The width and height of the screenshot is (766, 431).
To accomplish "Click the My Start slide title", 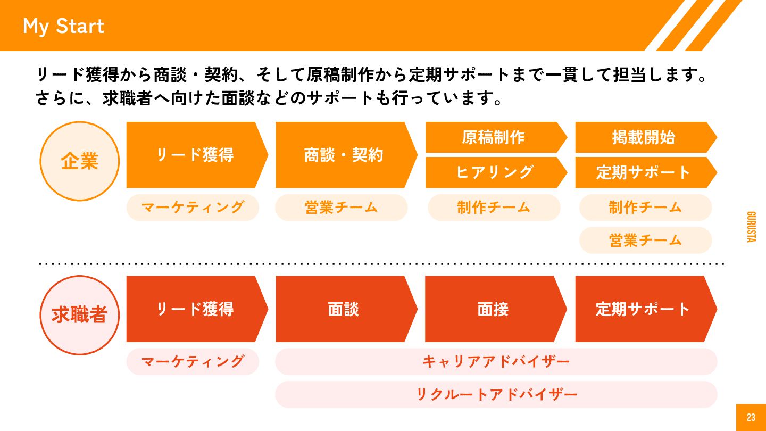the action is (63, 26).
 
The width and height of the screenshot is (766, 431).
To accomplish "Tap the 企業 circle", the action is (80, 161).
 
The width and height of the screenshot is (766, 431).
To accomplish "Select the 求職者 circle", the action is (80, 314).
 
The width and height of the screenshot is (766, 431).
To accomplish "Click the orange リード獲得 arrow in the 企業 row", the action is (195, 155).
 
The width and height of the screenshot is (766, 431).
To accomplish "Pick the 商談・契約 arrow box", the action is (344, 155).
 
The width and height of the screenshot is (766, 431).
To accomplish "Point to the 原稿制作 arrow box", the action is (494, 137).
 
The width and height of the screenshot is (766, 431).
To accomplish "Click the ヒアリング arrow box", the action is (494, 172).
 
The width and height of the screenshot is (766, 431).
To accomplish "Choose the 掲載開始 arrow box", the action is (644, 137).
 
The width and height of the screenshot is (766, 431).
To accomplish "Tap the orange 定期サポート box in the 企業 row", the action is (644, 172).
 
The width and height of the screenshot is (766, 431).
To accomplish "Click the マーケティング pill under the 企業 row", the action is (193, 207).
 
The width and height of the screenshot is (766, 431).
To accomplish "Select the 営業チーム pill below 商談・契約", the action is (342, 207).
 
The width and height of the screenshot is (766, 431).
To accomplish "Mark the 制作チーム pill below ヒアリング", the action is (494, 207).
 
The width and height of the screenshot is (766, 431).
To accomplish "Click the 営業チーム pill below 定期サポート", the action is (645, 240).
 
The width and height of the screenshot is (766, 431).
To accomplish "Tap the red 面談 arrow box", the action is (344, 309).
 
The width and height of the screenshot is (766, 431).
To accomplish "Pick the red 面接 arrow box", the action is (494, 309).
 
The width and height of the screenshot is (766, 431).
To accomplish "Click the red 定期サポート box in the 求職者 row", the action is (644, 309).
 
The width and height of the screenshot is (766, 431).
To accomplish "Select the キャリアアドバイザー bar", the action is (496, 362).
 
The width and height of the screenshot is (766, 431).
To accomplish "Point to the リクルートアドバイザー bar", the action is (496, 394).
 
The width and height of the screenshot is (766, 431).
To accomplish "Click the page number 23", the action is (751, 418).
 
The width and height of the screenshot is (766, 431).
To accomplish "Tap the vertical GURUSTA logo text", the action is (751, 227).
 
